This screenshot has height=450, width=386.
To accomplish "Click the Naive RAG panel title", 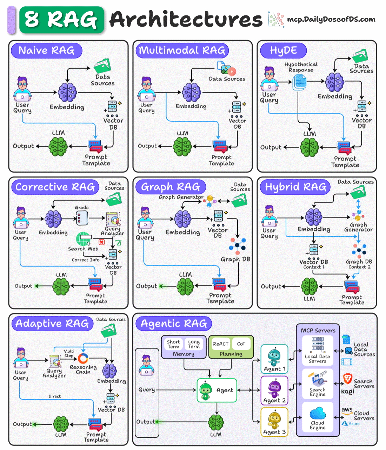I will pyautogui.click(x=46, y=50).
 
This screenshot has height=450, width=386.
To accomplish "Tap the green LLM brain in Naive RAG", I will pyautogui.click(x=58, y=146).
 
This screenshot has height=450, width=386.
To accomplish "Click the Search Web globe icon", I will pyautogui.click(x=83, y=239).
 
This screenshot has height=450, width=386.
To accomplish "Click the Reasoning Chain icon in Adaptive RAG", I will pyautogui.click(x=83, y=358).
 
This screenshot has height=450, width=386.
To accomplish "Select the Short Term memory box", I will pyautogui.click(x=173, y=344).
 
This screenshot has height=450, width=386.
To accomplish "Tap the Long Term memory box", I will pyautogui.click(x=194, y=344).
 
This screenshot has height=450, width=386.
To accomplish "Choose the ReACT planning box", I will pyautogui.click(x=220, y=344).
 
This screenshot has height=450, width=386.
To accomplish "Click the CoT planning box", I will pyautogui.click(x=241, y=344).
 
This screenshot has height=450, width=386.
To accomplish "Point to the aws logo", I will pyautogui.click(x=347, y=410).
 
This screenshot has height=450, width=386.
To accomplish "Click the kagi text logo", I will pyautogui.click(x=347, y=392).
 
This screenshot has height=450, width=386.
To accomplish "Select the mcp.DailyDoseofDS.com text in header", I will pyautogui.click(x=331, y=19).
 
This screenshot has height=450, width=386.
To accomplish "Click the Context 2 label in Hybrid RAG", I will pyautogui.click(x=359, y=267).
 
